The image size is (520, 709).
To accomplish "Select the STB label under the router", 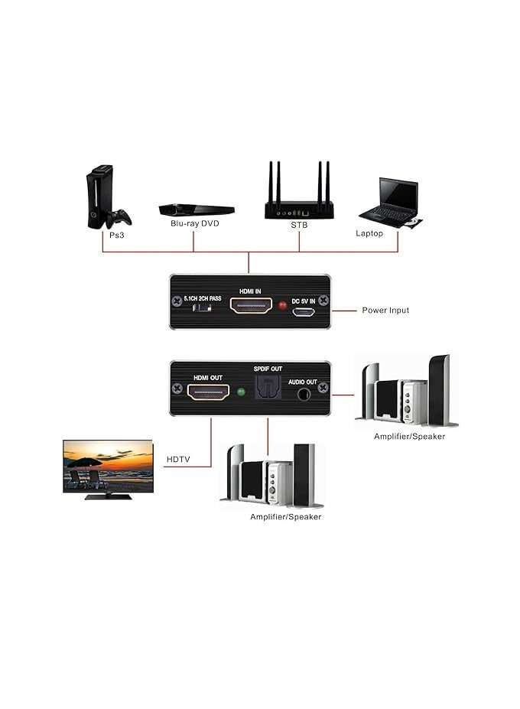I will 299,226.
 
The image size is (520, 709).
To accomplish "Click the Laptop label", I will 369,233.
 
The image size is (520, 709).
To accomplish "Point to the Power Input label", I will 385,311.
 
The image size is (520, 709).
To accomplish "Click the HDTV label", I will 179,460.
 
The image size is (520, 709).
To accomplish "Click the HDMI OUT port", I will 209,393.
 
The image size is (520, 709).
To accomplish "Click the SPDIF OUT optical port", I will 268,392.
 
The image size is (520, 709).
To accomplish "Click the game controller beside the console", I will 119,218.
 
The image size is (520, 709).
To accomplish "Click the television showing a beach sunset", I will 108,467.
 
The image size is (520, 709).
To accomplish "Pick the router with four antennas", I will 299,199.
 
